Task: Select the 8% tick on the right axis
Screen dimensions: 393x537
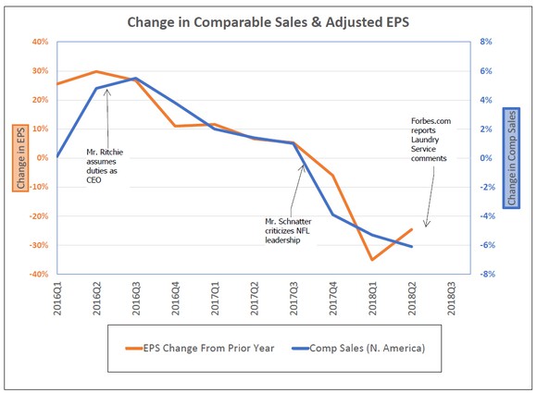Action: tap(485, 42)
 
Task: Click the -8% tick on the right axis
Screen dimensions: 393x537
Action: tap(485, 275)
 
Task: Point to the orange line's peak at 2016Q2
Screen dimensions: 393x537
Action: tap(96, 71)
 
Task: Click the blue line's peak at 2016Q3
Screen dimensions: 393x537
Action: tap(136, 79)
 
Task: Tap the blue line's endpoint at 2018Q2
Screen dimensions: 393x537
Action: tap(412, 247)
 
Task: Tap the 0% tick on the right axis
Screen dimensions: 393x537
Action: tap(485, 158)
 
